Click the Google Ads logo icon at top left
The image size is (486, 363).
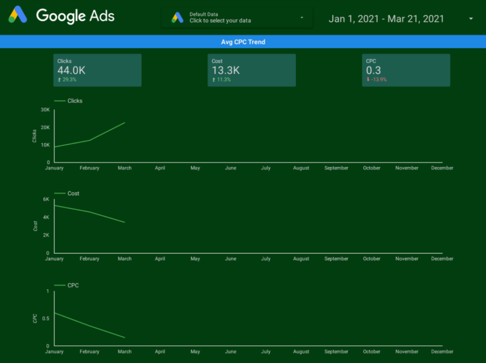click(x=18, y=15)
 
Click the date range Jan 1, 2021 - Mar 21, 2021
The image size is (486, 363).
click(x=386, y=19)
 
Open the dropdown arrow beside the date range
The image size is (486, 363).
click(x=471, y=19)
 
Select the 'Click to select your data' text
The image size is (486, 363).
click(x=220, y=21)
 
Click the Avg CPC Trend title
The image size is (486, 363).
click(x=243, y=42)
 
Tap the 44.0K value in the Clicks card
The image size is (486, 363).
click(x=71, y=70)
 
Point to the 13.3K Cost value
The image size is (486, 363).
click(x=225, y=70)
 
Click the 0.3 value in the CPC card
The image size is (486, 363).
click(x=374, y=70)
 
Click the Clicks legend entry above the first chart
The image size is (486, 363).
click(x=68, y=101)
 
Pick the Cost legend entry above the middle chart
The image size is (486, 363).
click(x=66, y=193)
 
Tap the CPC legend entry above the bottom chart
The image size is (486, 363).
click(x=66, y=286)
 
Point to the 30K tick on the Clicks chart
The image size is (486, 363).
click(x=45, y=110)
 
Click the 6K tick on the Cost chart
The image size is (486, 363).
click(x=46, y=199)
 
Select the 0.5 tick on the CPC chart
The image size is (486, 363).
click(x=46, y=318)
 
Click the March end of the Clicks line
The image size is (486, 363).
click(x=125, y=123)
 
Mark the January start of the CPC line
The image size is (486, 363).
click(x=55, y=313)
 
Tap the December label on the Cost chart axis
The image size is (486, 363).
click(x=442, y=259)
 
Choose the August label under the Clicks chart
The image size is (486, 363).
click(x=301, y=168)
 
